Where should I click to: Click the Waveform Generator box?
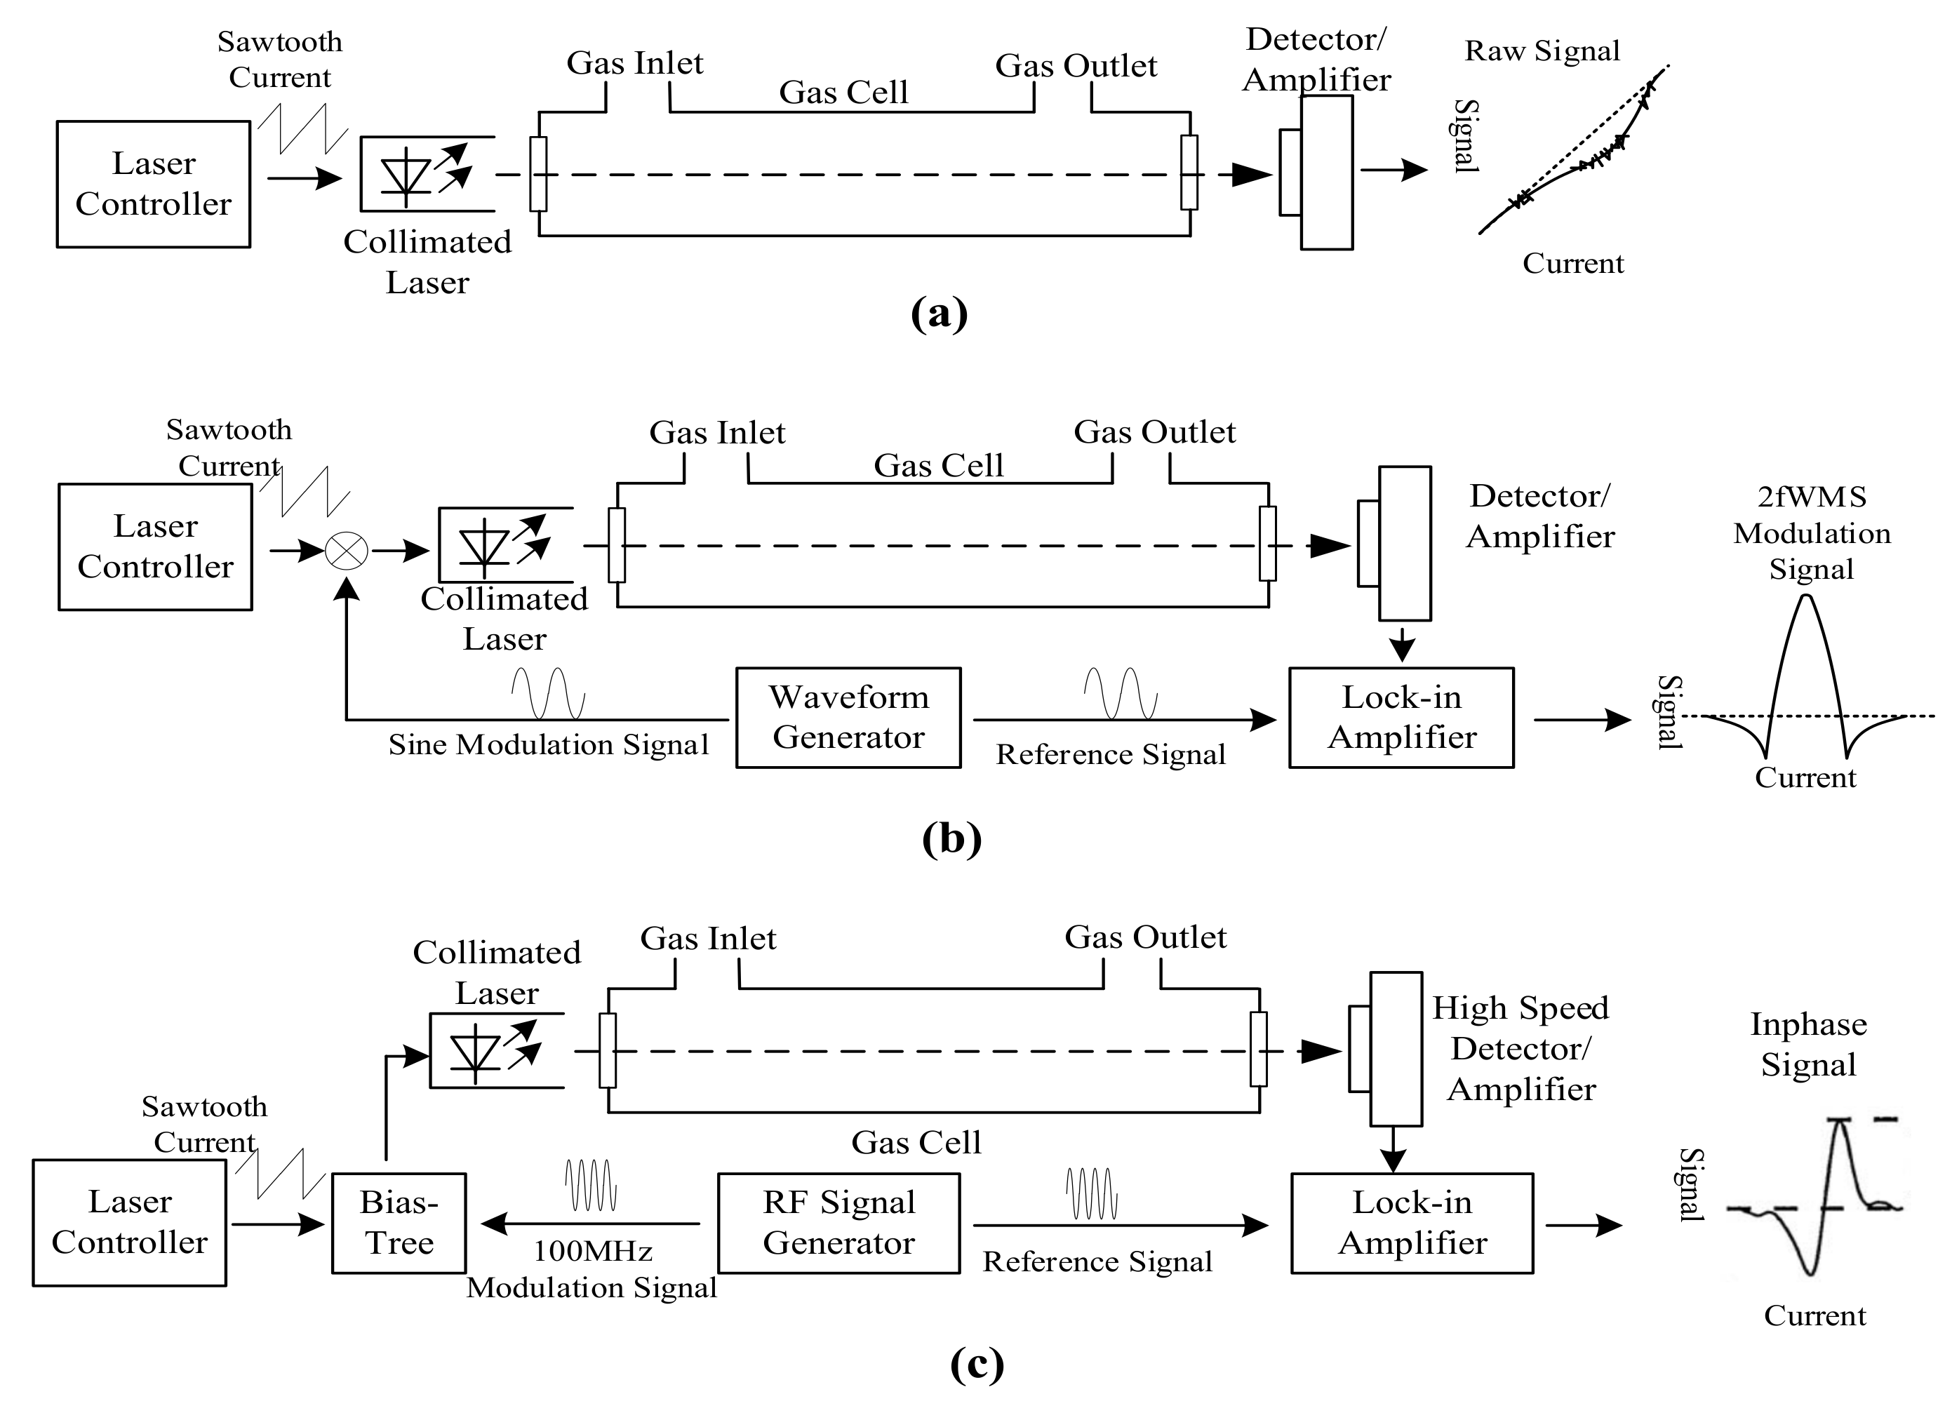click(848, 717)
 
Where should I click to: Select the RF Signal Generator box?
click(839, 1222)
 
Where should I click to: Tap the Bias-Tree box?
click(399, 1222)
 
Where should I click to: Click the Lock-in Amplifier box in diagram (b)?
click(1401, 717)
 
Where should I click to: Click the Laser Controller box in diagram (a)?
click(153, 184)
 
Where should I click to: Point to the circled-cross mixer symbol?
click(347, 551)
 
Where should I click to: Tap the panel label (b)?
click(951, 838)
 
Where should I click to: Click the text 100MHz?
click(592, 1251)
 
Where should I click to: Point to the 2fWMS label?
click(1812, 497)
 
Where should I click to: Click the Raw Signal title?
click(1542, 51)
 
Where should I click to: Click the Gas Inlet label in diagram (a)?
click(634, 62)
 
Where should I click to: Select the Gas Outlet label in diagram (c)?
click(1145, 937)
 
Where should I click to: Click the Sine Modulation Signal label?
click(549, 744)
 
